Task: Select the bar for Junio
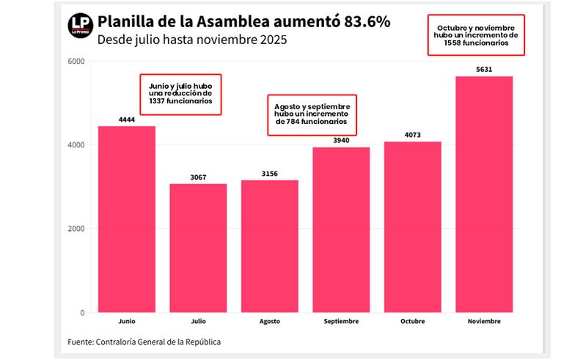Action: click(126, 219)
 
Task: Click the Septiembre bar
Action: click(341, 229)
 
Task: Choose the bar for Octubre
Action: click(412, 227)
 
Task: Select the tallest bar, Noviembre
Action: click(484, 194)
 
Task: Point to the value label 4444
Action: click(126, 119)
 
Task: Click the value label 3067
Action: click(198, 177)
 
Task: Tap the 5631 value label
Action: click(484, 69)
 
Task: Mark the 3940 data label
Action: click(341, 140)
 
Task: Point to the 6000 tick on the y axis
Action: click(76, 61)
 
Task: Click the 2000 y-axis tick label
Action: click(76, 229)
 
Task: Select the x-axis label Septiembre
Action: click(341, 322)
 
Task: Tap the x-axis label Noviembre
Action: click(484, 322)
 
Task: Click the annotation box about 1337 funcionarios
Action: click(180, 93)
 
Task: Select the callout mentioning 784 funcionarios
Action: click(310, 114)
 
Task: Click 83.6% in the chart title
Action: click(364, 21)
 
